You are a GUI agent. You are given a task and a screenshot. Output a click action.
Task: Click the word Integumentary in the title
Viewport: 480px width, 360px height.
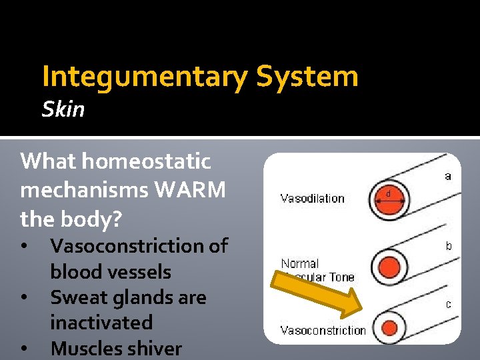tap(144, 77)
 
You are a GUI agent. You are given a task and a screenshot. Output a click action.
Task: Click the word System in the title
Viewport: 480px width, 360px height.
tap(307, 77)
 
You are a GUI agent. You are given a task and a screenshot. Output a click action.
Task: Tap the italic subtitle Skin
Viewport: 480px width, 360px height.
tap(63, 109)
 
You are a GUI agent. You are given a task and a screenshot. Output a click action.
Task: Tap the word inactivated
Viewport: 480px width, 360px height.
tap(101, 323)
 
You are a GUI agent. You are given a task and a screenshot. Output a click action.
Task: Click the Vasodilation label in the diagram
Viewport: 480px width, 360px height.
tap(312, 198)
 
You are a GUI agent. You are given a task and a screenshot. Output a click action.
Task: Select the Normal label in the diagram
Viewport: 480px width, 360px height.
tap(300, 264)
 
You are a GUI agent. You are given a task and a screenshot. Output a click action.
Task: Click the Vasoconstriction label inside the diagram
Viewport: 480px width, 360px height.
tap(323, 331)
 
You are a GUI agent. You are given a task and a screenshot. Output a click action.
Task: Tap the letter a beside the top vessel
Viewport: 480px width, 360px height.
tap(448, 177)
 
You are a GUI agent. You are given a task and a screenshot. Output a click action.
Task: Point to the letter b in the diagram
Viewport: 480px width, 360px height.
tap(449, 246)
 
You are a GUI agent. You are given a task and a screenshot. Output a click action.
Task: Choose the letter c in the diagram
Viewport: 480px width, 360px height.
tap(449, 305)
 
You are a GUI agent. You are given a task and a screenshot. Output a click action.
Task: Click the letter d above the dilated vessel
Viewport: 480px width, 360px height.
tap(389, 194)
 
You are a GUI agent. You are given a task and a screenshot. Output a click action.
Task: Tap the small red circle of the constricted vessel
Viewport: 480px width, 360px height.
tap(390, 327)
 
